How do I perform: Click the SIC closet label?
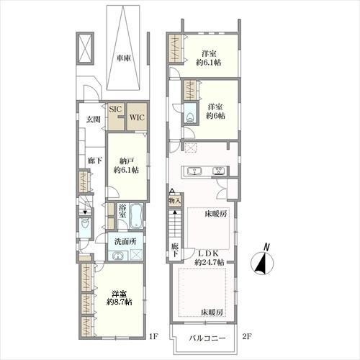(x=116, y=109)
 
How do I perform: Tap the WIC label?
(x=137, y=117)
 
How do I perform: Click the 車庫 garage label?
(x=124, y=58)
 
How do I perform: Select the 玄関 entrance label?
(x=94, y=120)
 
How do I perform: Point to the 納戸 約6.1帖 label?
(x=126, y=166)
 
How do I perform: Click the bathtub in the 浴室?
(x=136, y=216)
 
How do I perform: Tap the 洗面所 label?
(x=125, y=242)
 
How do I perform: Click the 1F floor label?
(x=153, y=336)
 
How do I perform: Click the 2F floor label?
(x=246, y=336)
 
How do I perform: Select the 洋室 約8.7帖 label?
(x=120, y=297)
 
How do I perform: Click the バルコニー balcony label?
(x=207, y=338)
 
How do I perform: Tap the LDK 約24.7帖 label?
(x=209, y=258)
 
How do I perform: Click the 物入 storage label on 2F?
(x=175, y=201)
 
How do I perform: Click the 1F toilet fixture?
(x=85, y=225)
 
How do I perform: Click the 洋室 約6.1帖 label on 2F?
(x=209, y=58)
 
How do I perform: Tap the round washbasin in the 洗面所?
(x=117, y=256)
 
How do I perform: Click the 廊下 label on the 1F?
(x=95, y=161)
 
